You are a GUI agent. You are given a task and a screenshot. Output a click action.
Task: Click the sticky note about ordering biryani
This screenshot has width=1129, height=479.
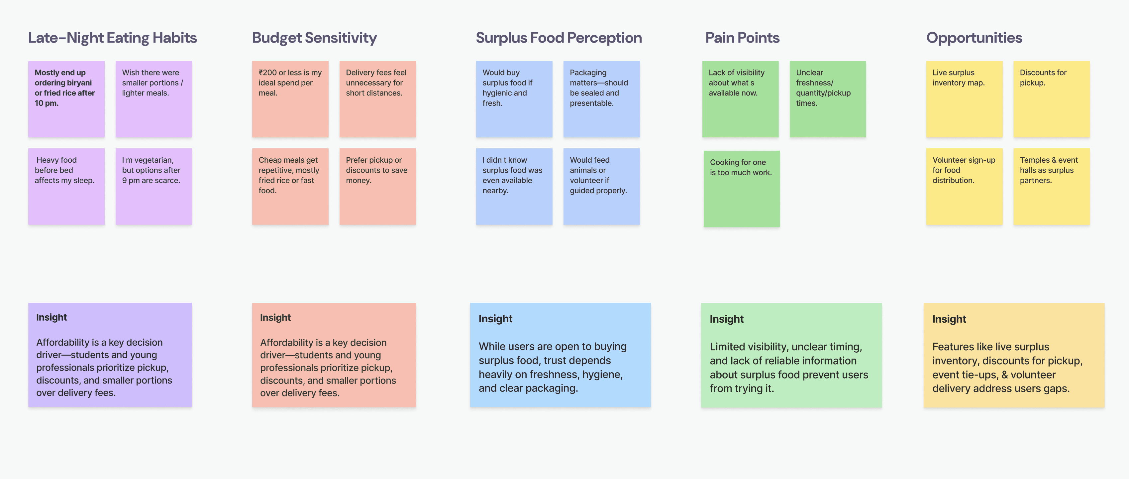[66, 99]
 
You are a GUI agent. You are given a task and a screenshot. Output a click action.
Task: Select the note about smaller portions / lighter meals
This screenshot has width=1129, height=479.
[154, 99]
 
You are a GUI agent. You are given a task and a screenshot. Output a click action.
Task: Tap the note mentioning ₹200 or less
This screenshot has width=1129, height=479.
[290, 99]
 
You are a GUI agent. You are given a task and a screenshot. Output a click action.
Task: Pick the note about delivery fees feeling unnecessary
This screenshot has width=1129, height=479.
[377, 99]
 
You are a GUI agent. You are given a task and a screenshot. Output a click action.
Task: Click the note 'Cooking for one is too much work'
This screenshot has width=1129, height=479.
[741, 189]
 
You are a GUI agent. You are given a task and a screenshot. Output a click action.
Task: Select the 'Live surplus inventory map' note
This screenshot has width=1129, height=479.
[964, 99]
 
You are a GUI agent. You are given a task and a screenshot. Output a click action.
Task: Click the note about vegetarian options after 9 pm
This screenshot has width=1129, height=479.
[154, 186]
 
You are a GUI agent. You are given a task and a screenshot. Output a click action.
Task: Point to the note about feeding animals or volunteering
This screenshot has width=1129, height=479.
[601, 186]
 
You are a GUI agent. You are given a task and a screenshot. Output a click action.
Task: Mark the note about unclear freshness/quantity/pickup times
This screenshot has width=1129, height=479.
[827, 99]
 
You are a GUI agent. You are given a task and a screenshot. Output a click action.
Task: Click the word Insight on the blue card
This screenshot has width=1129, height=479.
[495, 319]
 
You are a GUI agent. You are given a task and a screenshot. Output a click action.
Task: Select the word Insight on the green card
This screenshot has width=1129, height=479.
[726, 319]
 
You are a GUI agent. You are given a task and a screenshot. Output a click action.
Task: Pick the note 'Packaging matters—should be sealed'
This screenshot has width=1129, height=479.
[601, 99]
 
